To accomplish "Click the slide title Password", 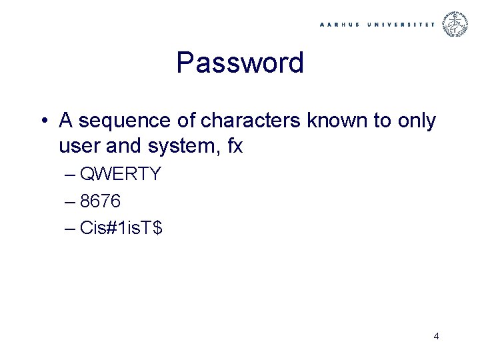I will (x=240, y=63).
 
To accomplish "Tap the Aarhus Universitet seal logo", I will (x=457, y=24).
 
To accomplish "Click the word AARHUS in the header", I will (x=341, y=24).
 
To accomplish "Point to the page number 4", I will (x=436, y=336).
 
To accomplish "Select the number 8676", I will (x=100, y=201).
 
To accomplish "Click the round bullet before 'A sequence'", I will (x=43, y=121).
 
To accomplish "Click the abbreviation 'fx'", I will (x=235, y=146).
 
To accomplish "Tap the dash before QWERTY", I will (x=71, y=175).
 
